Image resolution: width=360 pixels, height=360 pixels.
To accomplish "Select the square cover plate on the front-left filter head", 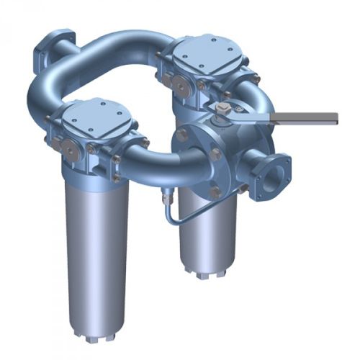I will click(96, 119).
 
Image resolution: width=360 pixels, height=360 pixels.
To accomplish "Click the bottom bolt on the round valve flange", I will click(216, 192).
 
